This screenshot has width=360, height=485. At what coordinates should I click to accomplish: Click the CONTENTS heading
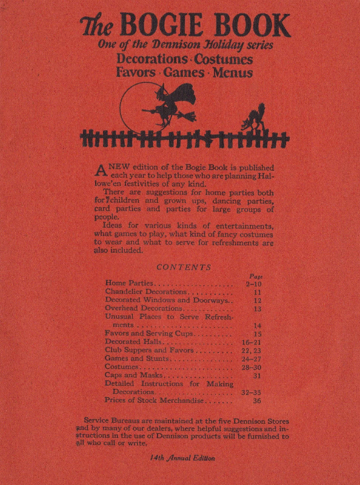(184, 267)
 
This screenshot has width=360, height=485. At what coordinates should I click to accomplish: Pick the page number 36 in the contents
(256, 400)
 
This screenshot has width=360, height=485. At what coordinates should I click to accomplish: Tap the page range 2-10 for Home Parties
(253, 283)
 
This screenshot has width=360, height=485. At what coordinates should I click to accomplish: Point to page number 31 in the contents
(256, 375)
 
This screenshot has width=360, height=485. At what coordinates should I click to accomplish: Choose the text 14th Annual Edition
(182, 458)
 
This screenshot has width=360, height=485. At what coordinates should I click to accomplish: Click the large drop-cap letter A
(101, 170)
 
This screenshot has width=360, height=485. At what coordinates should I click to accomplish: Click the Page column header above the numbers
(255, 275)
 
